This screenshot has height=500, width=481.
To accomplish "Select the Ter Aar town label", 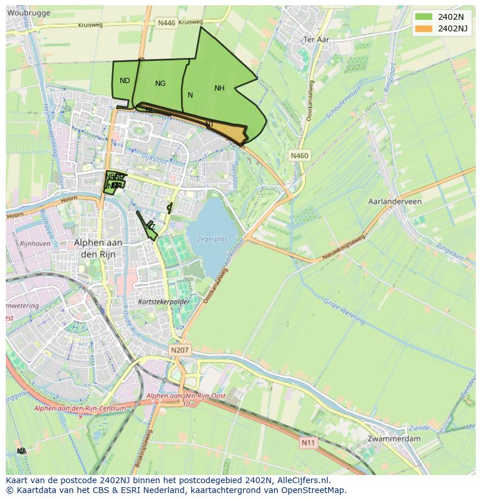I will [x=317, y=39].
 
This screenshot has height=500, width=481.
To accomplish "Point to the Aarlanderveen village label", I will [x=395, y=202].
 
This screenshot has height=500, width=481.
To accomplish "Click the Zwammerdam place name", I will [x=394, y=439].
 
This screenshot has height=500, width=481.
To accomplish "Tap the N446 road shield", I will [x=166, y=23].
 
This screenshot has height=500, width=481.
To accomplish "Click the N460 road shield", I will [x=299, y=156].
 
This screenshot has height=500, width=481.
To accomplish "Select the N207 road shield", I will [x=180, y=350].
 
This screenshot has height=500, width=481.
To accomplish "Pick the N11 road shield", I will [x=308, y=443].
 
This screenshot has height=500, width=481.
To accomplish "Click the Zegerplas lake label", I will [x=212, y=239].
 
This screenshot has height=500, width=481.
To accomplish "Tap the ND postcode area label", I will [x=125, y=81].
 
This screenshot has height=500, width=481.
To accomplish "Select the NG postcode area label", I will [x=160, y=84].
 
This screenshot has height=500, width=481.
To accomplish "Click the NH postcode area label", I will [x=219, y=88].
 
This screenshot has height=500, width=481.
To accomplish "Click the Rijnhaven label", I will [x=35, y=244].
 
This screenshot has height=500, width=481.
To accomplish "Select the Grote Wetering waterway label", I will [x=344, y=311].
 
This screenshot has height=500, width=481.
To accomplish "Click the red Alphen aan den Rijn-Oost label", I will [x=186, y=395].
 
